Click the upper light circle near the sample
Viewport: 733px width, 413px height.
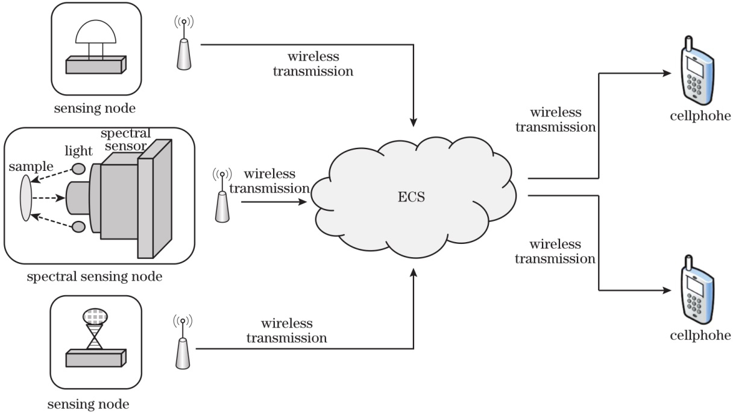(78, 168)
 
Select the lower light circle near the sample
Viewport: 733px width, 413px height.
(78, 226)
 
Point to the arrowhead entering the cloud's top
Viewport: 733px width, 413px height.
(414, 121)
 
